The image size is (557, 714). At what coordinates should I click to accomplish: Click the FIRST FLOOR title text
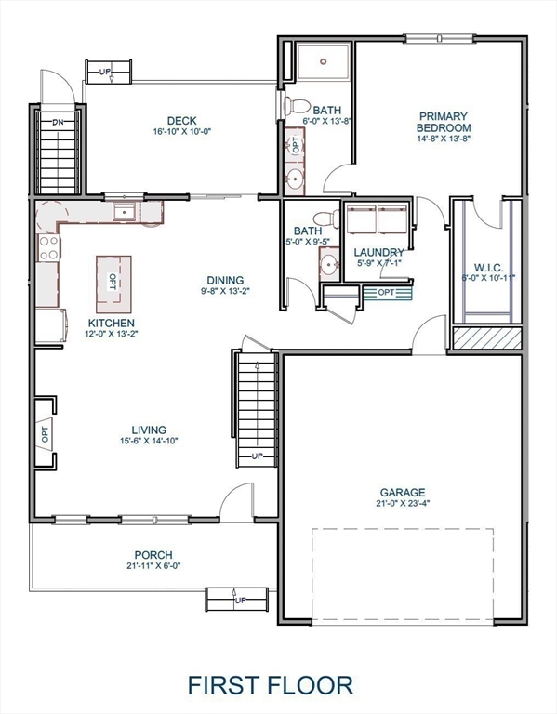(x=271, y=685)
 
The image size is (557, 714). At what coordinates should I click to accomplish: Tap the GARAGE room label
(x=402, y=493)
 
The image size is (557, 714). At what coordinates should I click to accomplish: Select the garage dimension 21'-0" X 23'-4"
(x=402, y=505)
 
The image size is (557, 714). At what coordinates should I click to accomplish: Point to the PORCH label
(x=153, y=554)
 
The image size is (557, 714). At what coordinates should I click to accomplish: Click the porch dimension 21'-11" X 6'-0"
(x=153, y=565)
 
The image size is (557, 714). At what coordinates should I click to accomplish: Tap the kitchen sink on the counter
(x=125, y=213)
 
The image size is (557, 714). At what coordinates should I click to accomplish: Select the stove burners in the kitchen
(x=48, y=247)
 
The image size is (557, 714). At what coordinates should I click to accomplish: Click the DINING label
(x=225, y=280)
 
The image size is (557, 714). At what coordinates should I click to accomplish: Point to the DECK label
(x=180, y=120)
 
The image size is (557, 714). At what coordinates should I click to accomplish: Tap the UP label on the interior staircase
(x=257, y=456)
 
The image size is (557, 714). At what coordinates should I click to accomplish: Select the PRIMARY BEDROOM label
(x=443, y=122)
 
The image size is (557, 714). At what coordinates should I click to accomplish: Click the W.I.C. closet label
(x=487, y=266)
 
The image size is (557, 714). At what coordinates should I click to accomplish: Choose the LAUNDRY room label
(x=378, y=252)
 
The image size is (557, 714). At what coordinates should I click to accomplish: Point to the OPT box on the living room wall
(x=44, y=432)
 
